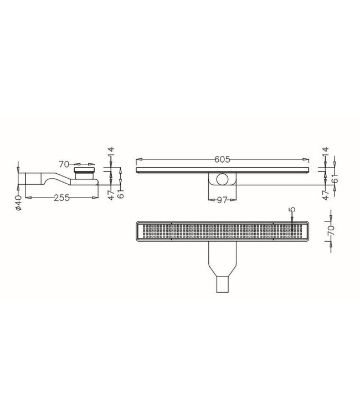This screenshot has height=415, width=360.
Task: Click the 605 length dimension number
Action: [223, 160]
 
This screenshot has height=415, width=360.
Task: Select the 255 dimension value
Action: [61, 198]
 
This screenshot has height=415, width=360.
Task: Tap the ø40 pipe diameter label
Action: [18, 202]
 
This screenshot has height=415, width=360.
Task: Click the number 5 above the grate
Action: [292, 211]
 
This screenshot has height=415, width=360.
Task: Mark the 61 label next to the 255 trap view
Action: [121, 193]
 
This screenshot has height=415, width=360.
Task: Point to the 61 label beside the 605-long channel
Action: [336, 178]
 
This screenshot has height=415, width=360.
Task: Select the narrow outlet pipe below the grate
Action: [223, 284]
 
